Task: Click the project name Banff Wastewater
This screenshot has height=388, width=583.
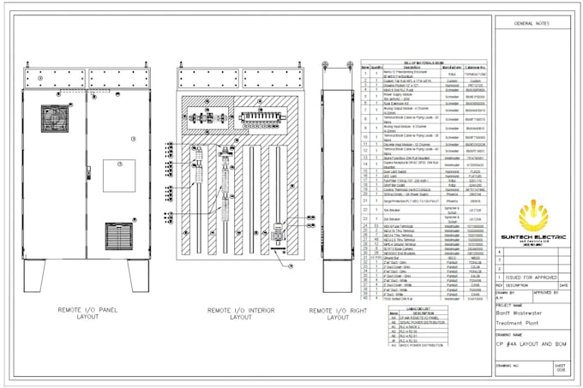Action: coord(522,313)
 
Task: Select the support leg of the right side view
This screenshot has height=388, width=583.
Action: coord(334,275)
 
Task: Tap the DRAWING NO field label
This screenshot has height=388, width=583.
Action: coord(508,363)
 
